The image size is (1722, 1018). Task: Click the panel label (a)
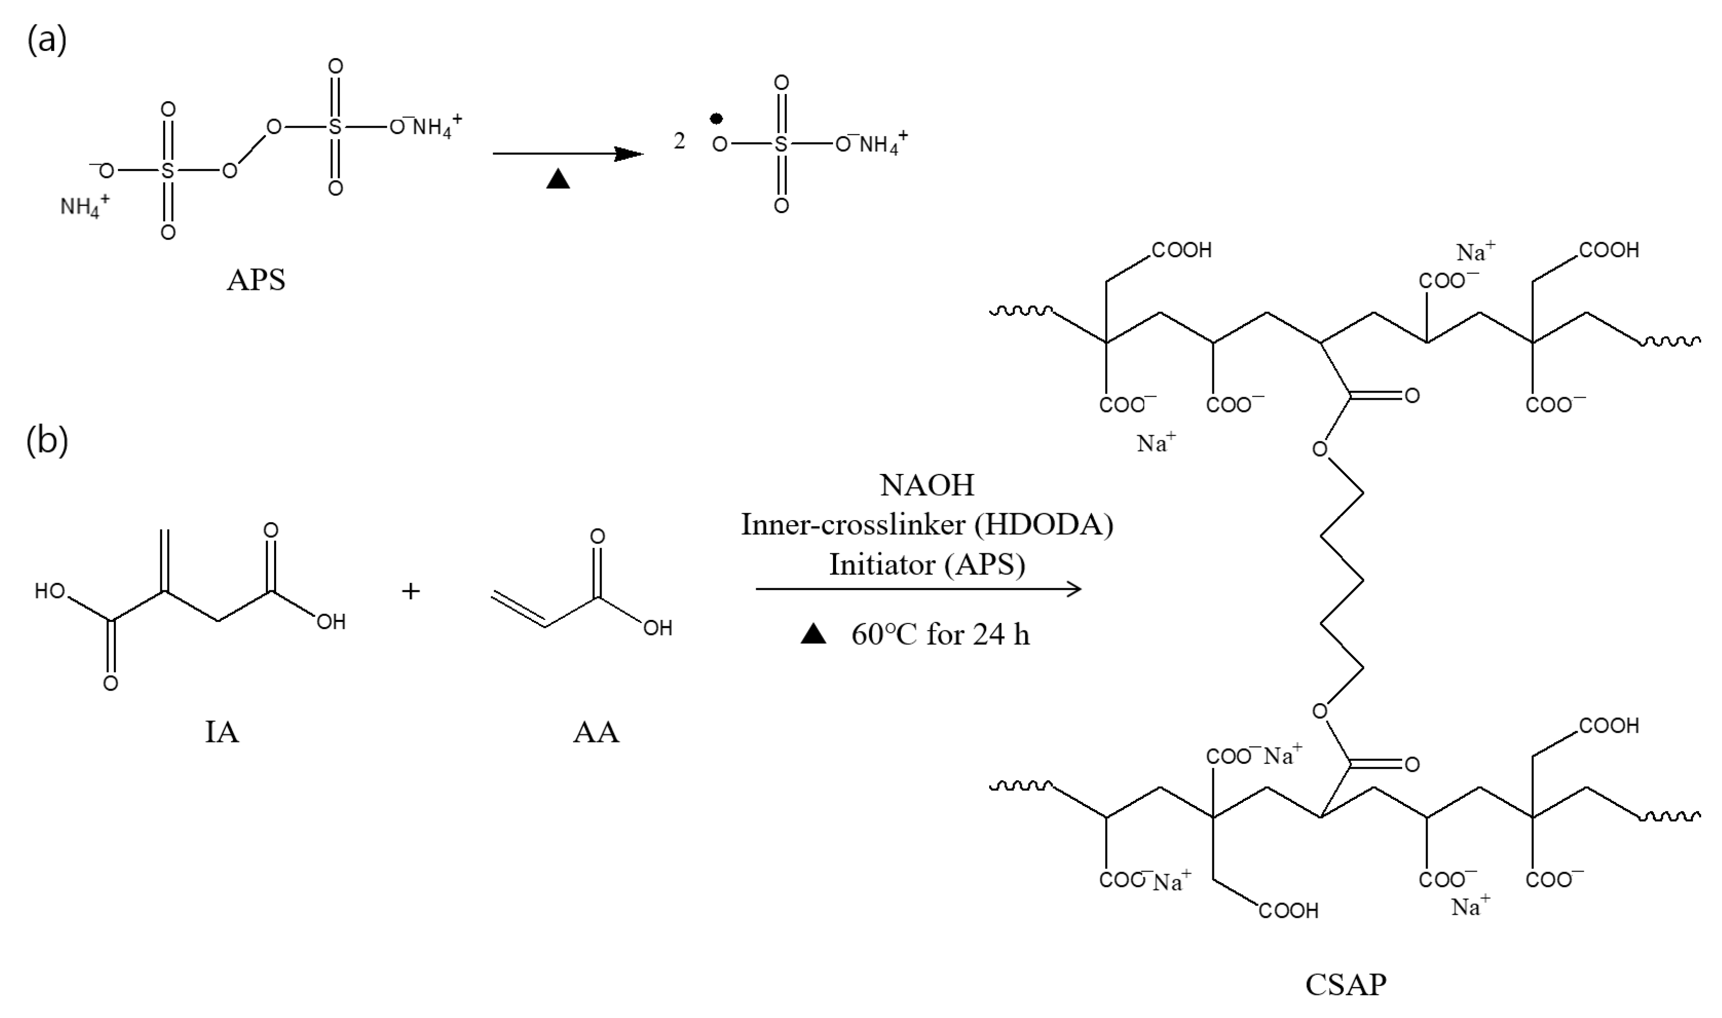47,41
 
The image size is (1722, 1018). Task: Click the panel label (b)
47,441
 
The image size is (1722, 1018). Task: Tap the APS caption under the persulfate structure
256,280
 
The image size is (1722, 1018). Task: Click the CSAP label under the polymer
1345,985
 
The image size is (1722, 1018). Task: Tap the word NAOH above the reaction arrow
927,486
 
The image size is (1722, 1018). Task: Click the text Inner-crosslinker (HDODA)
927,525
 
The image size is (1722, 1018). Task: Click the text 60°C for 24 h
940,635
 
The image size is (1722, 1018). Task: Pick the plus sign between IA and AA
410,591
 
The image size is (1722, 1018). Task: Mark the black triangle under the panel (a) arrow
558,179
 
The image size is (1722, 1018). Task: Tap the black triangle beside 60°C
814,635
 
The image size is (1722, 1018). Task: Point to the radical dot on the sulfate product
716,119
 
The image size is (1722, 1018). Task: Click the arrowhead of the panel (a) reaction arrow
628,154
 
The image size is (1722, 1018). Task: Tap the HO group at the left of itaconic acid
50,591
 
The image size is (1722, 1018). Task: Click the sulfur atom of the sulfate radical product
781,144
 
